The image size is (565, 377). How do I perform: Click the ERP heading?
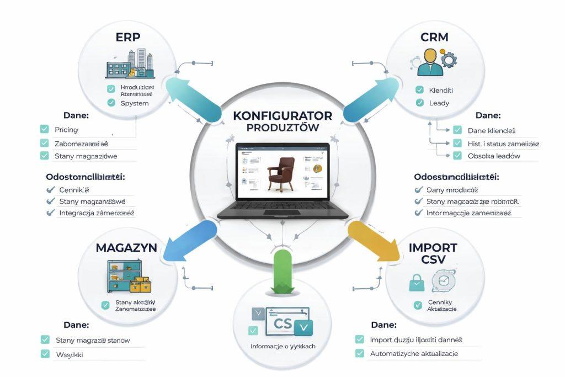127,38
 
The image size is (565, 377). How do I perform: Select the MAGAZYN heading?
126,247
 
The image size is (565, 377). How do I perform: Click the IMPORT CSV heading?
433,254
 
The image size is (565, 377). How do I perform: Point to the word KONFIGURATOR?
282,116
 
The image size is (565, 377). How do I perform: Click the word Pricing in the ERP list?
66,130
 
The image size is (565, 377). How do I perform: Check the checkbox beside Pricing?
44,129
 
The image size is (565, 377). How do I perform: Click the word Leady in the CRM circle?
439,103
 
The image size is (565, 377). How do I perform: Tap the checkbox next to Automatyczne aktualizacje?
360,353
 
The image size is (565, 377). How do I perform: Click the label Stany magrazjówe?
86,156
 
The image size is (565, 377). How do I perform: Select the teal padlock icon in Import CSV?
416,283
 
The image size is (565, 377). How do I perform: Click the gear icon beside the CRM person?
447,60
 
